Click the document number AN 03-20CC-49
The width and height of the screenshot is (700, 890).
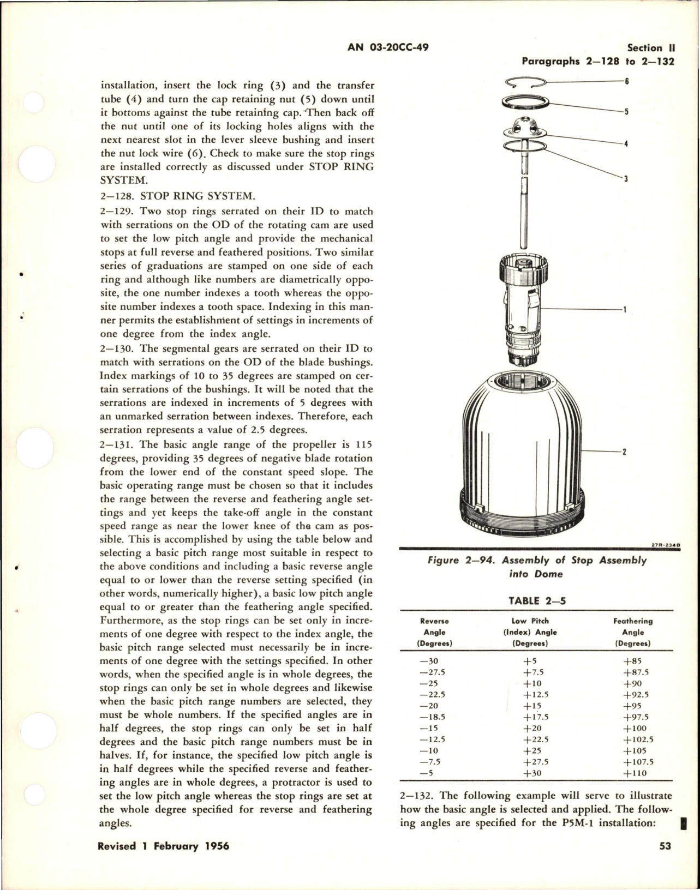(x=387, y=47)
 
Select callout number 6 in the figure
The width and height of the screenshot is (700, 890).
(x=627, y=81)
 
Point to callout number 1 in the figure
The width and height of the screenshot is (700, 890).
(x=625, y=310)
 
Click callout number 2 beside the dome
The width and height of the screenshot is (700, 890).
(x=624, y=452)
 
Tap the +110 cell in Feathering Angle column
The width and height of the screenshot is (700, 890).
(x=633, y=773)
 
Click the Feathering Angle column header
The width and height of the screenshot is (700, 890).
(x=633, y=632)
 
